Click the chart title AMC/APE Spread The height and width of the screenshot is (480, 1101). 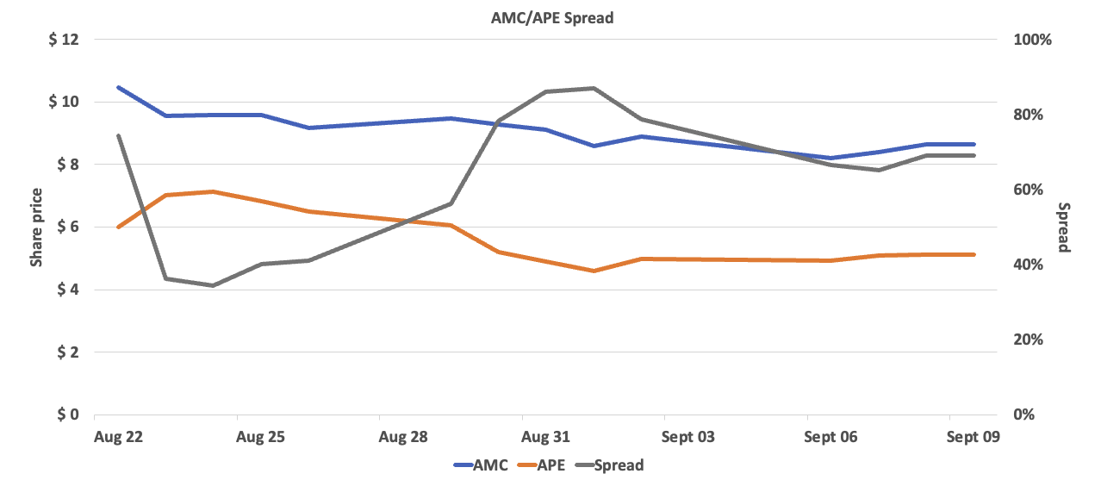(546, 17)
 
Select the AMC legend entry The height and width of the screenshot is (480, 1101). (480, 465)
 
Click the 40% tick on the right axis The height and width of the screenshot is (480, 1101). (1031, 265)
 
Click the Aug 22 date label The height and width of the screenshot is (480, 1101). (117, 437)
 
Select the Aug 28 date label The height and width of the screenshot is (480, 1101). (403, 437)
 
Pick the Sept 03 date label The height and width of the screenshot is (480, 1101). (687, 437)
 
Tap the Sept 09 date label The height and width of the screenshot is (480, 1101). (973, 437)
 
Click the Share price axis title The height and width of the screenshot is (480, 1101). (36, 227)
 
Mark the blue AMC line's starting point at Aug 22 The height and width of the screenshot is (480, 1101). (118, 87)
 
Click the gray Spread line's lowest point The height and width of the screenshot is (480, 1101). (213, 285)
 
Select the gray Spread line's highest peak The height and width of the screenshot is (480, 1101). (593, 88)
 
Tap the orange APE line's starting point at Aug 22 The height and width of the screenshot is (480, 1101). (118, 227)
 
